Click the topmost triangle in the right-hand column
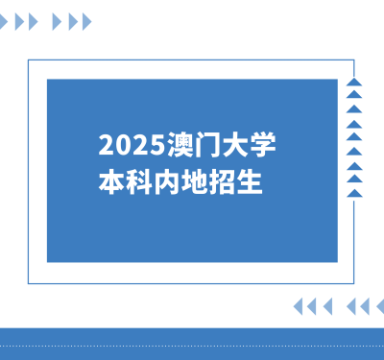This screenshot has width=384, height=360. (354, 83)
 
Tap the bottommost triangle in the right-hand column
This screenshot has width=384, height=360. (354, 193)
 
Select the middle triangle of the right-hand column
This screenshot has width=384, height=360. (354, 137)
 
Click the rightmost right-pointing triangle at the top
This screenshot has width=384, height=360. (87, 21)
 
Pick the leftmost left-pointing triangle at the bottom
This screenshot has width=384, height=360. (298, 306)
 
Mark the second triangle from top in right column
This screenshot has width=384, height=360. (354, 96)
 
